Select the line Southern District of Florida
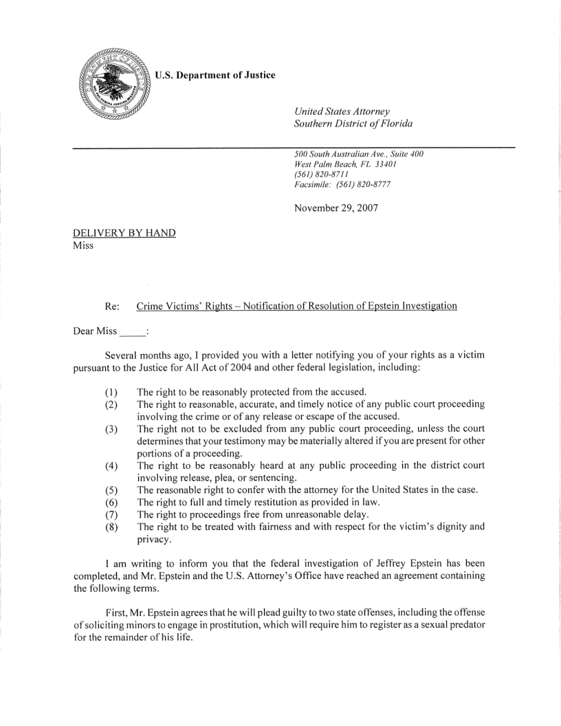(x=347, y=123)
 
